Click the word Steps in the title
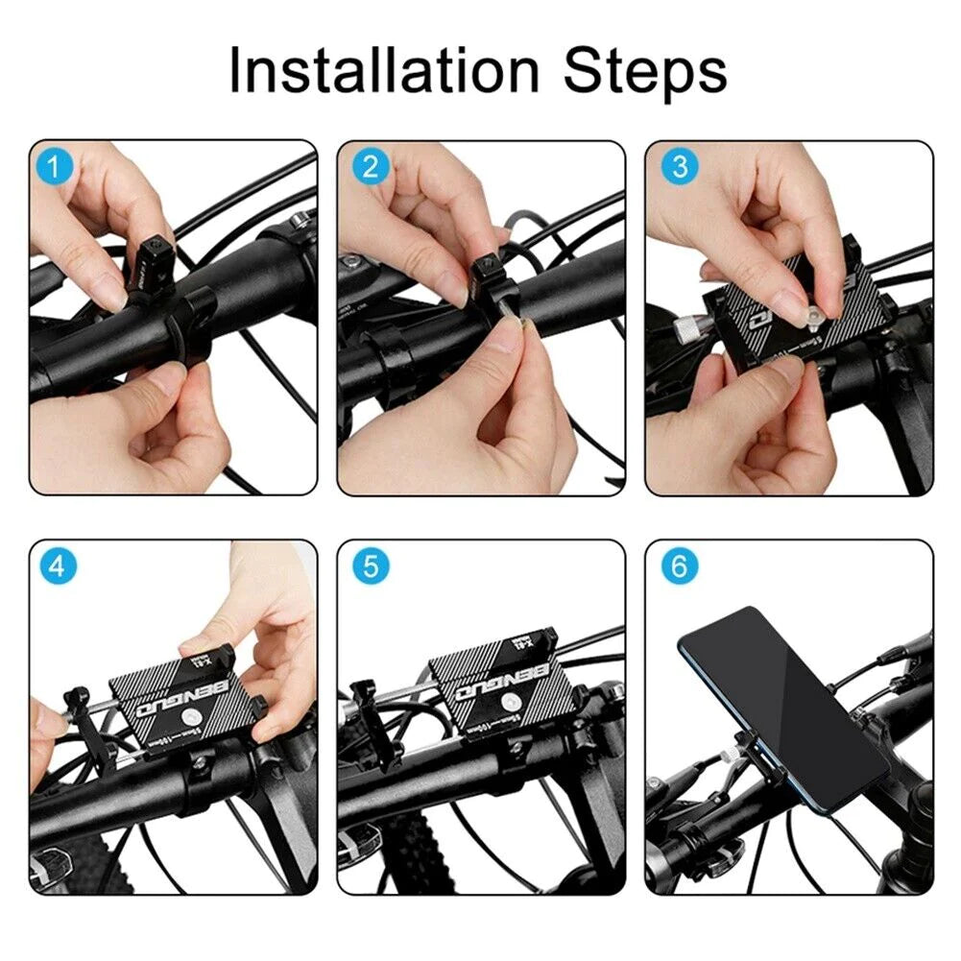point(645,71)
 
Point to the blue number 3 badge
point(681,168)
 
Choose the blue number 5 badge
point(372,567)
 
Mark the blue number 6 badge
point(681,567)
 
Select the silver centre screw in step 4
point(197,718)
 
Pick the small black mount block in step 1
point(151,256)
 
